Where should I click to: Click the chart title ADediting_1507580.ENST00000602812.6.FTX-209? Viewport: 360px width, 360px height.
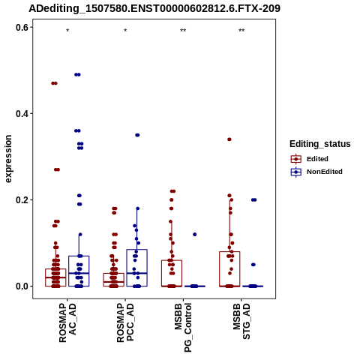click(x=154, y=8)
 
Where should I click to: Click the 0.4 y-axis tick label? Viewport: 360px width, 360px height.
click(x=22, y=113)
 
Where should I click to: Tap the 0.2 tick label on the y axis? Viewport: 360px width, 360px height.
click(x=22, y=200)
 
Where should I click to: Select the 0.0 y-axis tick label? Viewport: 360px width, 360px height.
click(x=22, y=286)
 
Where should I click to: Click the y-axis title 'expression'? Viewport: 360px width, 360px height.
click(x=8, y=159)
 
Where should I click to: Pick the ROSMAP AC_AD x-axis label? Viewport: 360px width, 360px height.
click(x=67, y=322)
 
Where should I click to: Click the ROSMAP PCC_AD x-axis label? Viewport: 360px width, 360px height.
click(x=125, y=322)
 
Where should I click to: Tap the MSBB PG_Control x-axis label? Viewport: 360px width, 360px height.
click(x=183, y=328)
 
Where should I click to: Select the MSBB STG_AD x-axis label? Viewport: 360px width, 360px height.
click(x=241, y=321)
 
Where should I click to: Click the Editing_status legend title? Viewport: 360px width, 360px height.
click(x=320, y=144)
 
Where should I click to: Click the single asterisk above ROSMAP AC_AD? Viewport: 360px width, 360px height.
click(x=67, y=31)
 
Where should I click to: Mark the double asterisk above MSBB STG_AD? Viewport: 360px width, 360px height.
click(x=241, y=31)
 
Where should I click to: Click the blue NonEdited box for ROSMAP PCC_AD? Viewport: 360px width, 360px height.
click(x=136, y=268)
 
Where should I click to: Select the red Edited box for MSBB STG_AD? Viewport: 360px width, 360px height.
click(x=229, y=269)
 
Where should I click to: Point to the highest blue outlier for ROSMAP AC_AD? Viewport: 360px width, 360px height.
click(x=77, y=74)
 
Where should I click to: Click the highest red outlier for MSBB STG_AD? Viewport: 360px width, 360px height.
click(x=229, y=139)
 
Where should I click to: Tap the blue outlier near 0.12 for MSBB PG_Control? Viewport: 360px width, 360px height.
click(x=195, y=234)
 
